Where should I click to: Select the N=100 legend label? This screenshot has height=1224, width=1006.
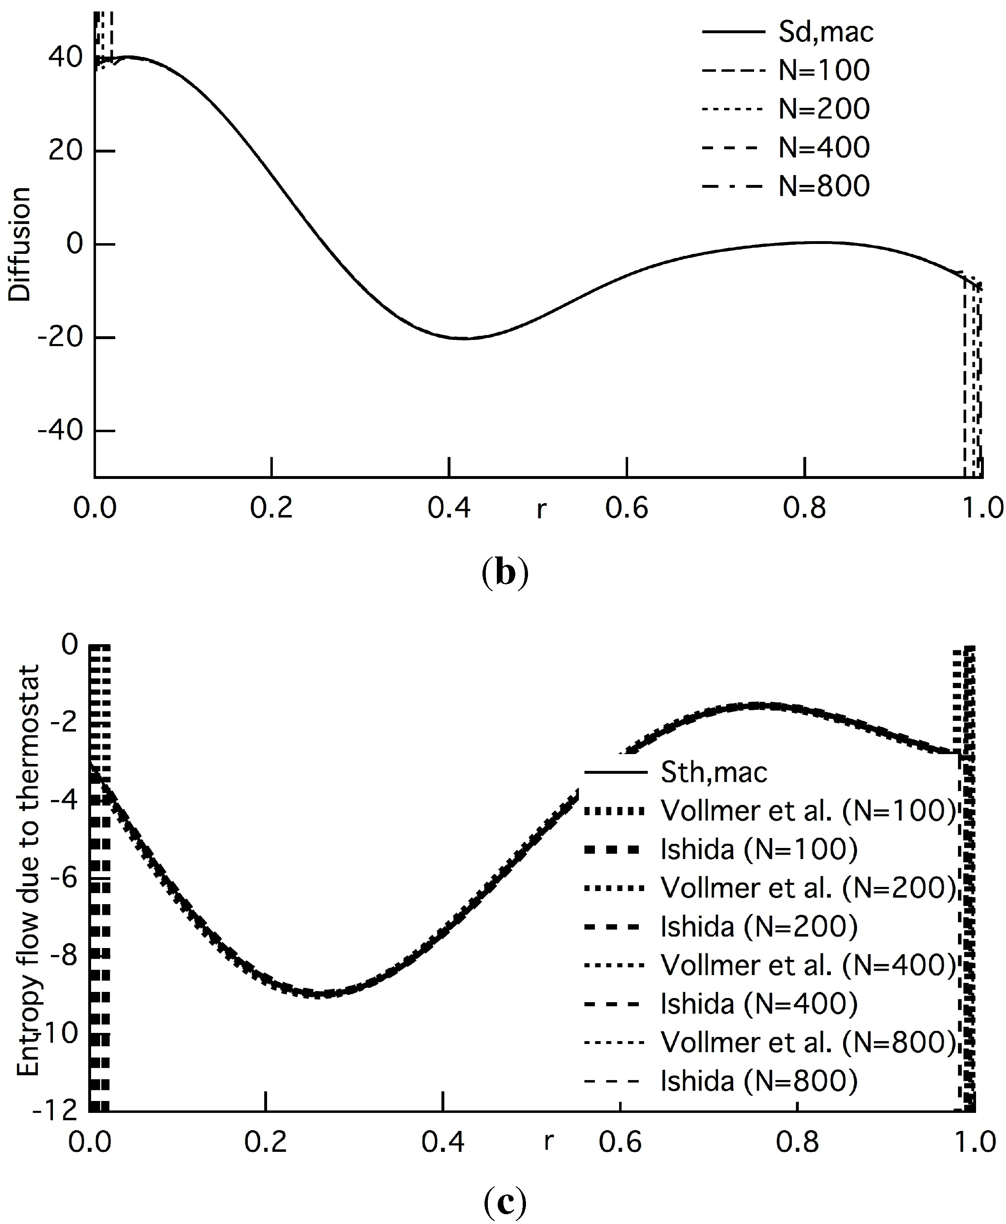point(823,71)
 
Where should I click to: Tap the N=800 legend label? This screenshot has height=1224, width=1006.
point(823,186)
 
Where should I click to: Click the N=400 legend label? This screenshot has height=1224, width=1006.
point(823,148)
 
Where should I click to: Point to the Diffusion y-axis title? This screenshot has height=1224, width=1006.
point(20,244)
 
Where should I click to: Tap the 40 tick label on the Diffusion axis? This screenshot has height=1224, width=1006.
point(66,57)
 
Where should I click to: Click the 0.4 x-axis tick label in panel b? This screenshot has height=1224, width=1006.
point(449,508)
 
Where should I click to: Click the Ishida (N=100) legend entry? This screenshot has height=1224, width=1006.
point(759,849)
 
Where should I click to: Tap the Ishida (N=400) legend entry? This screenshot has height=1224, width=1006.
point(759,1004)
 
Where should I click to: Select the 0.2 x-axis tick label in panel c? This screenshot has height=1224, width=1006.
point(265,1141)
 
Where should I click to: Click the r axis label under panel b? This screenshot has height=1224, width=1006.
point(541,509)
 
